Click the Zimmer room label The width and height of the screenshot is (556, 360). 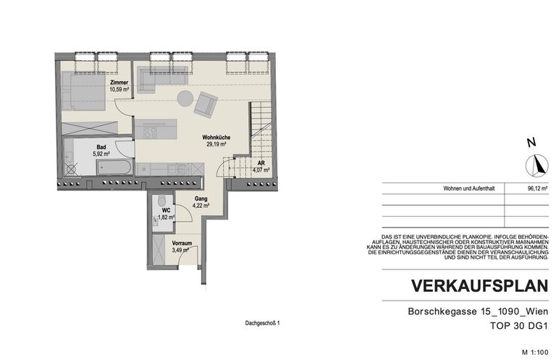(119, 83)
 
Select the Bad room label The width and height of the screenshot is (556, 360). (101, 146)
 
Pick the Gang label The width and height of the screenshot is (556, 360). (201, 198)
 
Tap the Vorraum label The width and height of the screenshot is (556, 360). (182, 243)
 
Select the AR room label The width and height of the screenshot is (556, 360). (261, 164)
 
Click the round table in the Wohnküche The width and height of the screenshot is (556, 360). (185, 99)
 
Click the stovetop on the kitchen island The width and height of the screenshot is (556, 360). (151, 133)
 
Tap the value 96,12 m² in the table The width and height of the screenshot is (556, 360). (536, 188)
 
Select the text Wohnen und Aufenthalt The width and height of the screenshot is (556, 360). (471, 188)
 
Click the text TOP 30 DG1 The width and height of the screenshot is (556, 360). (517, 327)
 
